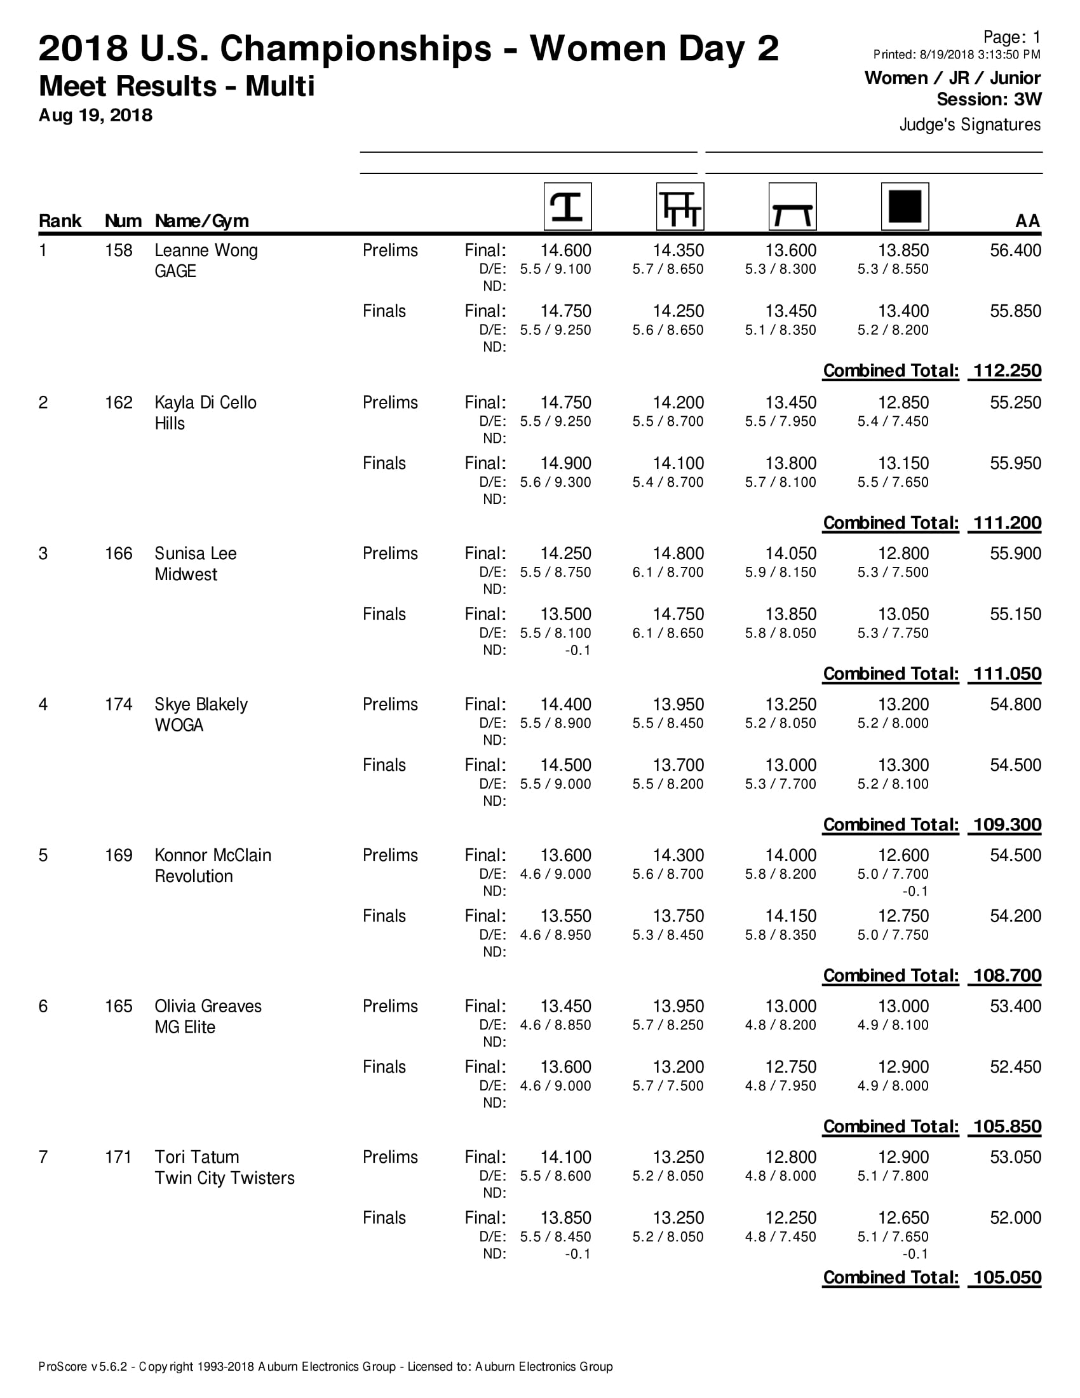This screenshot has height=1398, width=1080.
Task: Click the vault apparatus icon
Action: coord(567,207)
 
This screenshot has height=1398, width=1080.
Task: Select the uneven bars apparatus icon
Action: coord(680,207)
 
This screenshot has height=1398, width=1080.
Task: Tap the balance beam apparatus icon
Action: coord(792,207)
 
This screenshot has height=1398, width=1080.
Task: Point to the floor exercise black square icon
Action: coord(905,207)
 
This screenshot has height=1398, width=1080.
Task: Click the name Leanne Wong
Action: coord(206,250)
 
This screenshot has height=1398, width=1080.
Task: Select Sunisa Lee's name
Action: coord(195,553)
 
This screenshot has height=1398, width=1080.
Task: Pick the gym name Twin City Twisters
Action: coord(224,1178)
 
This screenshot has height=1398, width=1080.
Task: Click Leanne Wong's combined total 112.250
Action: coord(1007,370)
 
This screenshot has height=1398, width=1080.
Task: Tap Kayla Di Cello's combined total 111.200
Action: coord(1007,523)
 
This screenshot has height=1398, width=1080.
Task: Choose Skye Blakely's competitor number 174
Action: coord(118,705)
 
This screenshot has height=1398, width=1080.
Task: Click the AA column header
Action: coord(1027,221)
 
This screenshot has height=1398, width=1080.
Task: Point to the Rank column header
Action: coord(60,221)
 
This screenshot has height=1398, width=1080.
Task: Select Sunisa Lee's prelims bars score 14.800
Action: coord(678,553)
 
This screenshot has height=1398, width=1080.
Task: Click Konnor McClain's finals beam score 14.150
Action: coord(791,916)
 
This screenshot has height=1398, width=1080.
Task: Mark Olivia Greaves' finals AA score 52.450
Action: coord(1015,1067)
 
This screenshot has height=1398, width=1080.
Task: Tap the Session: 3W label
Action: coord(989,99)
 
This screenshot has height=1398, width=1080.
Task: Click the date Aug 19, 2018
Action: coord(95,115)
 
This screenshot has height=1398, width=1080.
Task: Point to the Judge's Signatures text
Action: coord(970,124)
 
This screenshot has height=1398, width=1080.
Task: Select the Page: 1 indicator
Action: coord(1011,37)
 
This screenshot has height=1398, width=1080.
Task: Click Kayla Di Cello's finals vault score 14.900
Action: coord(565,463)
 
